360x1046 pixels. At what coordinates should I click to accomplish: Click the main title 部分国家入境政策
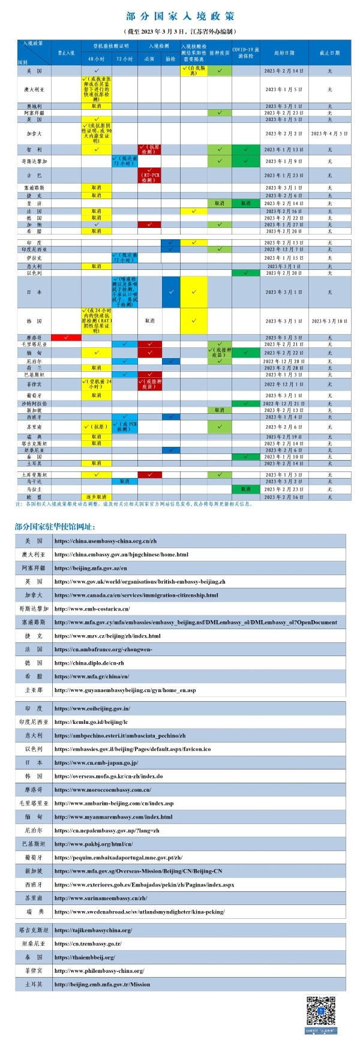[180, 16]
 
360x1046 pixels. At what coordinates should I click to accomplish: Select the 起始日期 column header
[284, 53]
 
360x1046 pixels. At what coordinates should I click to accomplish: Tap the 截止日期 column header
[329, 53]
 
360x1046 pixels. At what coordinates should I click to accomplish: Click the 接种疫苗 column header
[220, 53]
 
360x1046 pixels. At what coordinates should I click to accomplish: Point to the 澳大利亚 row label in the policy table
[34, 89]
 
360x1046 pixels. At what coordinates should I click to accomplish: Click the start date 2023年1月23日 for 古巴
[284, 175]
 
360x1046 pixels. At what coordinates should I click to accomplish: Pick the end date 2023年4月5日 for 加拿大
[329, 134]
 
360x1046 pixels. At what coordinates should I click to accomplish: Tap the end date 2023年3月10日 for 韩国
[329, 321]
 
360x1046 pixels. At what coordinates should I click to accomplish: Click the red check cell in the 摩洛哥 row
[66, 338]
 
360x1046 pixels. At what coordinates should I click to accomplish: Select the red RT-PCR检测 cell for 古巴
[149, 175]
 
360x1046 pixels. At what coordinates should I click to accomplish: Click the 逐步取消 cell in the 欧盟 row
[96, 497]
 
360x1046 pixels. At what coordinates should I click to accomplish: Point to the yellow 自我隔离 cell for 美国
[193, 71]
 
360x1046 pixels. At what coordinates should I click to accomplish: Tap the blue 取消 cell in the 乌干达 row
[125, 481]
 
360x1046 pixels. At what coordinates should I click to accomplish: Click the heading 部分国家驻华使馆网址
[55, 527]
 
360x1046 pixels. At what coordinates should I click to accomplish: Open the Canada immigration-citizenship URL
[136, 595]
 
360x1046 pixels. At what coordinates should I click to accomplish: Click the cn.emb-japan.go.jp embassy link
[96, 762]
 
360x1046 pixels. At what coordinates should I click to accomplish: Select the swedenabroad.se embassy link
[139, 912]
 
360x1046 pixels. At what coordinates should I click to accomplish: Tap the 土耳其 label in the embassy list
[34, 984]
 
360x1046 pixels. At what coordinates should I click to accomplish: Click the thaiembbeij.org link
[85, 957]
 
